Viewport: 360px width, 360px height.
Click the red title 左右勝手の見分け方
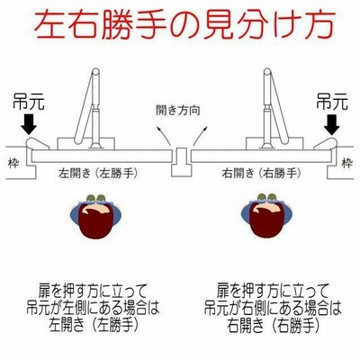(x=184, y=24)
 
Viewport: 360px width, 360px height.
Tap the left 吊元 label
(x=29, y=103)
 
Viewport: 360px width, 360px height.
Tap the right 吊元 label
(x=332, y=103)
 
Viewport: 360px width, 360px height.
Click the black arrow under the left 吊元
(x=29, y=124)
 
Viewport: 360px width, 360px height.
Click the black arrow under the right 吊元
(x=332, y=124)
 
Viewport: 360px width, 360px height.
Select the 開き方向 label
(x=178, y=111)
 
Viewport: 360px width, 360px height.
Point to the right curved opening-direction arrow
(x=200, y=136)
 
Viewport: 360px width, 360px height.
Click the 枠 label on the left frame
(x=13, y=164)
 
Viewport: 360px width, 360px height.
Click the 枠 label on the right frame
(x=347, y=164)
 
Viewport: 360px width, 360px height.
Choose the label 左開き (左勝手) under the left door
(x=98, y=174)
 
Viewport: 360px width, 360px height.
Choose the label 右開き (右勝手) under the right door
(x=261, y=174)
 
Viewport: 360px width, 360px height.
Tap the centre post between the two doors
(x=181, y=161)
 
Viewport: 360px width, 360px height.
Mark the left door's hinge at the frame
(x=37, y=144)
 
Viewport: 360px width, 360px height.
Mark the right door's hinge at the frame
(x=325, y=144)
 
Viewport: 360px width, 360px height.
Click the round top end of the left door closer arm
(x=95, y=72)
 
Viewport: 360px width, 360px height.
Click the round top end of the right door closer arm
(x=267, y=72)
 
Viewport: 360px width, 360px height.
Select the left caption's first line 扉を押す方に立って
(x=94, y=291)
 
